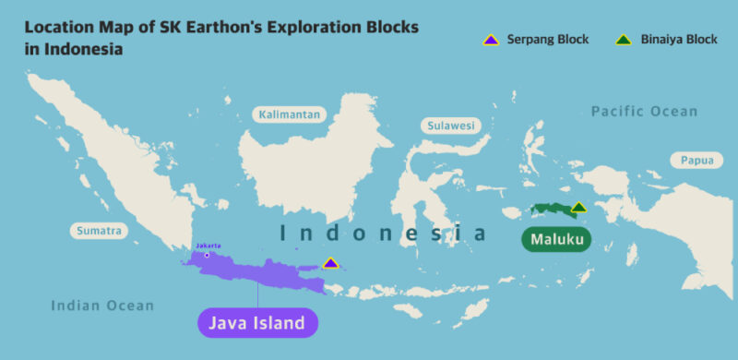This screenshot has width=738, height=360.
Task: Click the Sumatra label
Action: pos(97,231)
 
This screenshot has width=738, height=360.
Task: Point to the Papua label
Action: pos(696,160)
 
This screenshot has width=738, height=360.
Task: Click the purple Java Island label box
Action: pos(257,322)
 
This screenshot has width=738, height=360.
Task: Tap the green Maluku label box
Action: pos(556,240)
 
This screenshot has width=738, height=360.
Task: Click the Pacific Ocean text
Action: pos(644,112)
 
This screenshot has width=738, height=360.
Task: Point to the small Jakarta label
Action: pos(208,246)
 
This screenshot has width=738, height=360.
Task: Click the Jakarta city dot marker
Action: pos(207,255)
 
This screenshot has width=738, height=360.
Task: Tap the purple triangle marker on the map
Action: pos(331,264)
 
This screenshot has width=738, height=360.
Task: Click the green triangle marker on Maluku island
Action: pos(577,208)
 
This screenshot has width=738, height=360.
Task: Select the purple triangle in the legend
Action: pos(491,40)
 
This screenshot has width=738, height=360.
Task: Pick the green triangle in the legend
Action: pos(625,40)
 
